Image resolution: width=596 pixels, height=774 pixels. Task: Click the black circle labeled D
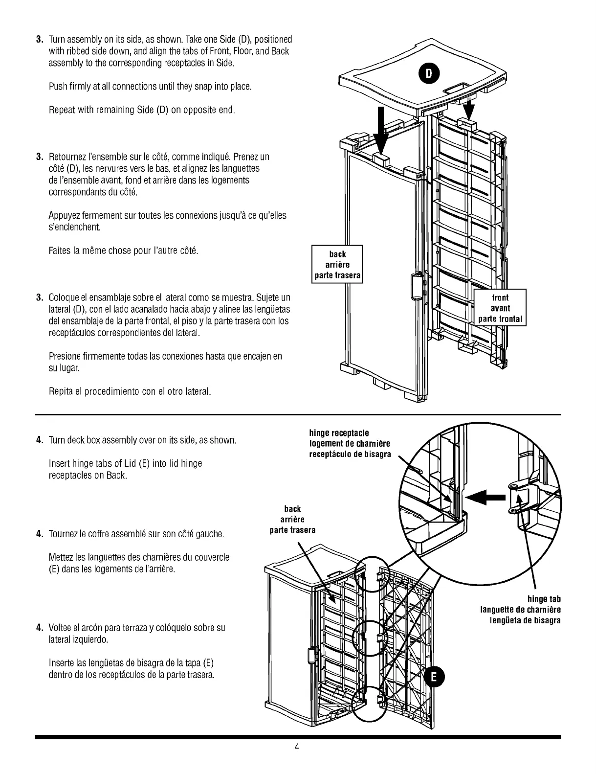click(x=429, y=73)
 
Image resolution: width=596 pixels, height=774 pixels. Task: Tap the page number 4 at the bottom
click(x=297, y=747)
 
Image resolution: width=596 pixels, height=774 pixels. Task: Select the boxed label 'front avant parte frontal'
click(x=500, y=308)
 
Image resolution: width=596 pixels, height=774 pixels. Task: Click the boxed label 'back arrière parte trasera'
click(x=337, y=265)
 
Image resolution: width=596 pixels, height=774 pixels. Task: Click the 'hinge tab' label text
click(x=544, y=599)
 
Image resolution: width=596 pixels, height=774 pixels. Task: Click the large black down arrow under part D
click(x=382, y=129)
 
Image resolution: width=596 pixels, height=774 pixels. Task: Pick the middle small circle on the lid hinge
click(x=370, y=637)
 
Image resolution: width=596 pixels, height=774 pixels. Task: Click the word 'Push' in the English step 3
click(x=57, y=87)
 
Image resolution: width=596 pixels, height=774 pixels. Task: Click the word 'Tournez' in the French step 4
click(x=62, y=534)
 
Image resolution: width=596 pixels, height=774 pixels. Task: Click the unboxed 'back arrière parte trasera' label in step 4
click(x=292, y=520)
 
